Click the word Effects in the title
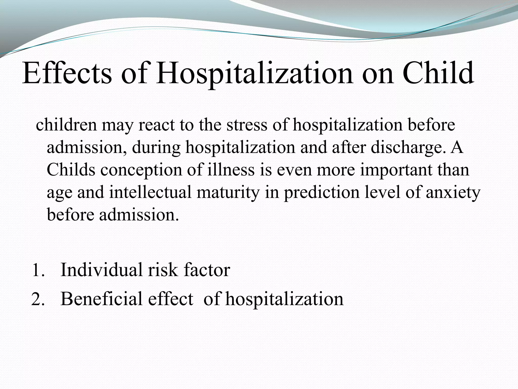67,73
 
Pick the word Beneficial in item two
101,299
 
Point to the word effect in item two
171,299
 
